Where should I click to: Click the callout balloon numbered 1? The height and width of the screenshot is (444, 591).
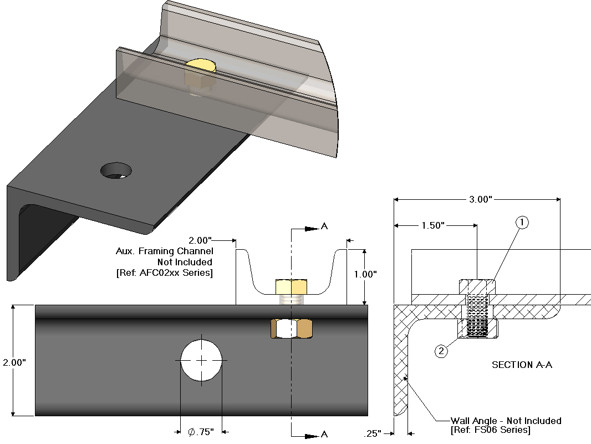tap(522, 223)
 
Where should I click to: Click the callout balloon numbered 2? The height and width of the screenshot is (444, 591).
tap(441, 351)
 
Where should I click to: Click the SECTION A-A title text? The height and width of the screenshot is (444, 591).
tap(522, 365)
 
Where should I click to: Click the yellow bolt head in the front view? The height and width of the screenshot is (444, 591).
tap(291, 287)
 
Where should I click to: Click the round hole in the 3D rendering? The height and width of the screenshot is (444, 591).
tap(116, 170)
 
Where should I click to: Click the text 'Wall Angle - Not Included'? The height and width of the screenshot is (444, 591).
tap(506, 421)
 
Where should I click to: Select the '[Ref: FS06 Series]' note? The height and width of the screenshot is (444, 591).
tap(490, 430)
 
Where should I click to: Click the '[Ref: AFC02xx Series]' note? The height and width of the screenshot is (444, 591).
tap(164, 273)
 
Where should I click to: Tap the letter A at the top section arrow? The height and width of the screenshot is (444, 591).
tap(325, 226)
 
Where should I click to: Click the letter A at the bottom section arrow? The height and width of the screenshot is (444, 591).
tap(325, 434)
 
